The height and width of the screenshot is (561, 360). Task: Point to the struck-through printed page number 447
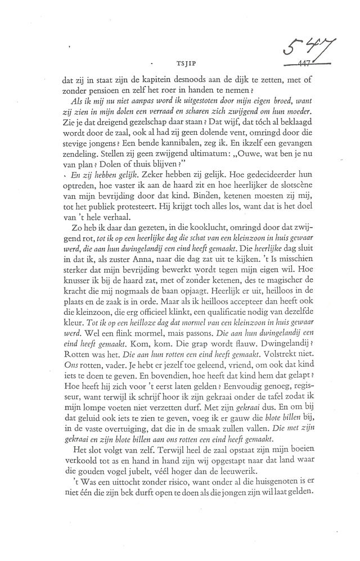pyautogui.click(x=308, y=64)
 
